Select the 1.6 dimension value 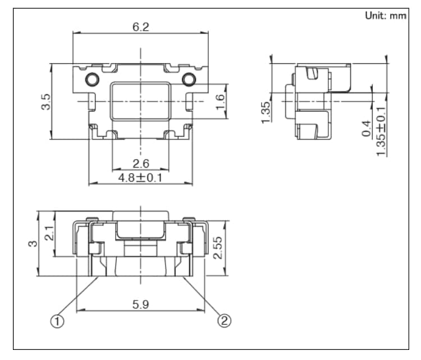coord(220,101)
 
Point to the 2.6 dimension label coord(140,164)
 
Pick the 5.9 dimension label coord(140,304)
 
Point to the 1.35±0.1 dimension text coord(382,131)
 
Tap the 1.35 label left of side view coord(266,112)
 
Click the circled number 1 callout coord(57,321)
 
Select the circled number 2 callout coord(223,321)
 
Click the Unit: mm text coord(385,16)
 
